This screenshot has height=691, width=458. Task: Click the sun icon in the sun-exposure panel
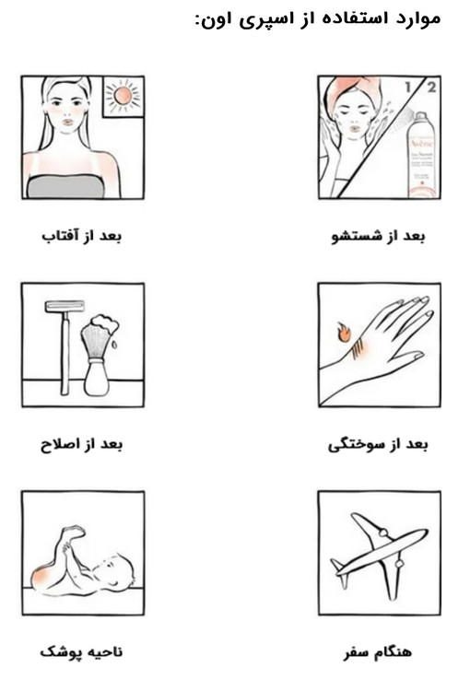[x=123, y=95]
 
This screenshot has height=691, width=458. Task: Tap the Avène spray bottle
[x=421, y=155]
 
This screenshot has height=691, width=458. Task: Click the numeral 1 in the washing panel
[x=408, y=87]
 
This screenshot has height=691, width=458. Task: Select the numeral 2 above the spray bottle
[x=430, y=87]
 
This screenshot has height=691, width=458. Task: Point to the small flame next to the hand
[x=344, y=333]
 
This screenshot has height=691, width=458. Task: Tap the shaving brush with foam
[x=99, y=355]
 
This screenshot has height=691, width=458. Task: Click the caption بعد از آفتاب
[x=81, y=236]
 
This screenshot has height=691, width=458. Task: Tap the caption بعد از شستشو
[x=378, y=236]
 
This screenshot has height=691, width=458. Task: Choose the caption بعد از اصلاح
[x=81, y=444]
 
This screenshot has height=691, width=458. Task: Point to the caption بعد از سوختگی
[x=378, y=445]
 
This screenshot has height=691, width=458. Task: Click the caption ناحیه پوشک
[x=81, y=651]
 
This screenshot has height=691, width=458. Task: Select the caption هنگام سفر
[x=378, y=652]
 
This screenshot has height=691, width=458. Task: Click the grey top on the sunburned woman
[x=66, y=186]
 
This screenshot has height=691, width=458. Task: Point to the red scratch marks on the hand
[x=358, y=345]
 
